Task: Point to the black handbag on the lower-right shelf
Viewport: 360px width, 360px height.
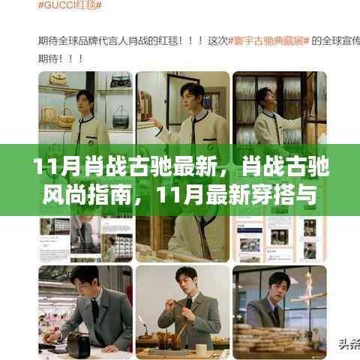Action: click(120, 116)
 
